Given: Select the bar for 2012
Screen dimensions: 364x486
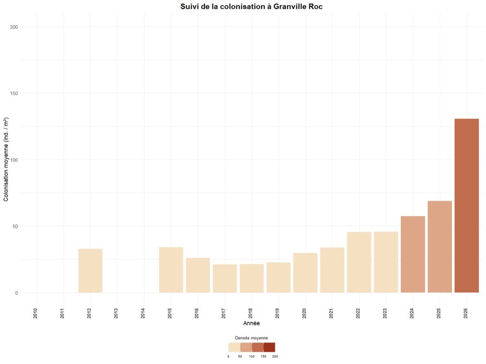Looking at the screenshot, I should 90,271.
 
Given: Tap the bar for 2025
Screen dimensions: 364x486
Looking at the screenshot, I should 439,246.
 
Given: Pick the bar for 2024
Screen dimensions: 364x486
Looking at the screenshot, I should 413,254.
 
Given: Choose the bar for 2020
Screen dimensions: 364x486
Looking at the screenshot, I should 305,273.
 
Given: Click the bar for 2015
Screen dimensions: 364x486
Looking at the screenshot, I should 171,270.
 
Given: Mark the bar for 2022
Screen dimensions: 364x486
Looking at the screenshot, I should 359,262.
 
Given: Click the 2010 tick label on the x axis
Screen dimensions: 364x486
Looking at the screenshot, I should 36,312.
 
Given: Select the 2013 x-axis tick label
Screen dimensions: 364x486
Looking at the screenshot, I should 116,312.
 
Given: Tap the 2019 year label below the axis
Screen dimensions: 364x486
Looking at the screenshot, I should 278,312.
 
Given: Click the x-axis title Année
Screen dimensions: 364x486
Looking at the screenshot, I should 251,323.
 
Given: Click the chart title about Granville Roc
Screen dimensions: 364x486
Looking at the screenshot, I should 252,7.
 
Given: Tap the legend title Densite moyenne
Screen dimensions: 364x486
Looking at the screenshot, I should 252,338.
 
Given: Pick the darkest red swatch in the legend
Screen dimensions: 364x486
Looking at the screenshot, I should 269,347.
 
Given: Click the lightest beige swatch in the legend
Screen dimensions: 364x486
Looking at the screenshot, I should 234,347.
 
